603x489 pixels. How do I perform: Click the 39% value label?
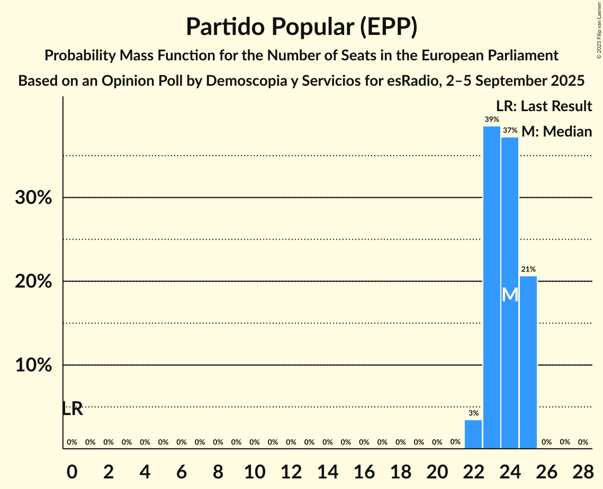491,120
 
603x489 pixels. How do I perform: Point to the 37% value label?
510,130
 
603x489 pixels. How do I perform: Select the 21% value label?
528,269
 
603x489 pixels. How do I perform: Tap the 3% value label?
473,413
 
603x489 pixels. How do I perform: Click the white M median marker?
510,295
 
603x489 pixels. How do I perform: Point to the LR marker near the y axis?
73,409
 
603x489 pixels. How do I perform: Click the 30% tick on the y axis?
33,198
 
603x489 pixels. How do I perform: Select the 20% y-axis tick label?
33,282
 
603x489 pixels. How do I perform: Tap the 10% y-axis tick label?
33,366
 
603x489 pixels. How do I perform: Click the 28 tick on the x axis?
583,470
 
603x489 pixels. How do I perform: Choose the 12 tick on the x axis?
291,470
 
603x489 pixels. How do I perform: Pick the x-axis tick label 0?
72,470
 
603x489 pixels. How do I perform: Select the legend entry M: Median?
556,131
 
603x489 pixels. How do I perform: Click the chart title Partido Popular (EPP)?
301,27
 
